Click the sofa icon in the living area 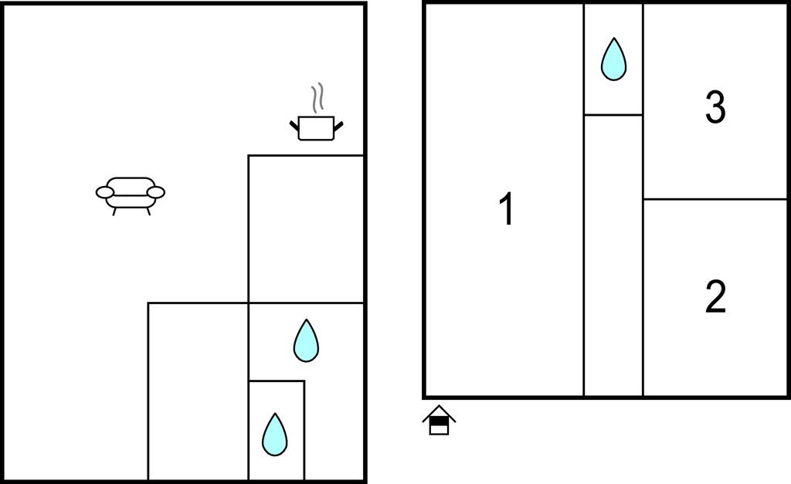[x=131, y=196]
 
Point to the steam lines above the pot [x=317, y=98]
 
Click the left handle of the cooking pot [x=294, y=125]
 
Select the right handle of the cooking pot [x=338, y=125]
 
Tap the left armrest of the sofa [x=105, y=192]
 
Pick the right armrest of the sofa [x=156, y=192]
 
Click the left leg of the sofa [x=114, y=212]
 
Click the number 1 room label [x=507, y=208]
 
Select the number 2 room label [x=715, y=296]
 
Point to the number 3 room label [x=715, y=107]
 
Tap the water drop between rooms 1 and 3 [x=613, y=59]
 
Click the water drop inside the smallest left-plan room [x=275, y=435]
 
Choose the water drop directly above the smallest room [x=306, y=341]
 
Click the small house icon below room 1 [x=439, y=420]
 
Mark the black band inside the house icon [x=439, y=421]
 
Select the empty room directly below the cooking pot [x=306, y=229]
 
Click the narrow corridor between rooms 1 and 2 [x=613, y=256]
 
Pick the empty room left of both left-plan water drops [x=199, y=391]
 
